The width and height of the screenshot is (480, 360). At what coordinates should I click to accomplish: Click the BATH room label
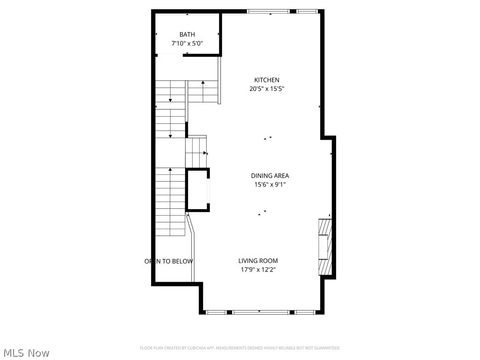[187, 36]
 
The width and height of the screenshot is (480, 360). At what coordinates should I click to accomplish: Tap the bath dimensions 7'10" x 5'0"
[187, 44]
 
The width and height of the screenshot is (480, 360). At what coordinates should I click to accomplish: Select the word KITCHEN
[266, 80]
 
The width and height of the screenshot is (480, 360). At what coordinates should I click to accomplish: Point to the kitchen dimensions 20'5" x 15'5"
[266, 89]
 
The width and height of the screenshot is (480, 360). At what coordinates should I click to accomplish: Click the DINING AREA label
[270, 176]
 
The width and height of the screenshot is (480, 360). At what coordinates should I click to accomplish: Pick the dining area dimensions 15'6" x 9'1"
[270, 184]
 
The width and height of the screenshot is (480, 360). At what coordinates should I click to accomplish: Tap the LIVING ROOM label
[257, 261]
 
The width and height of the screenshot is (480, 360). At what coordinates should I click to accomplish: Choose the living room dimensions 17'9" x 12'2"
[257, 269]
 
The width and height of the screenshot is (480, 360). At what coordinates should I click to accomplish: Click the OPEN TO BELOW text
[168, 261]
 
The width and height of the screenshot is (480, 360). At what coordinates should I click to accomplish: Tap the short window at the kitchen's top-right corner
[307, 12]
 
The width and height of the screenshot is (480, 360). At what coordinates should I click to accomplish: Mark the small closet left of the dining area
[198, 190]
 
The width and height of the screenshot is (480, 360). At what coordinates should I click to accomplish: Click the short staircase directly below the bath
[204, 93]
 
